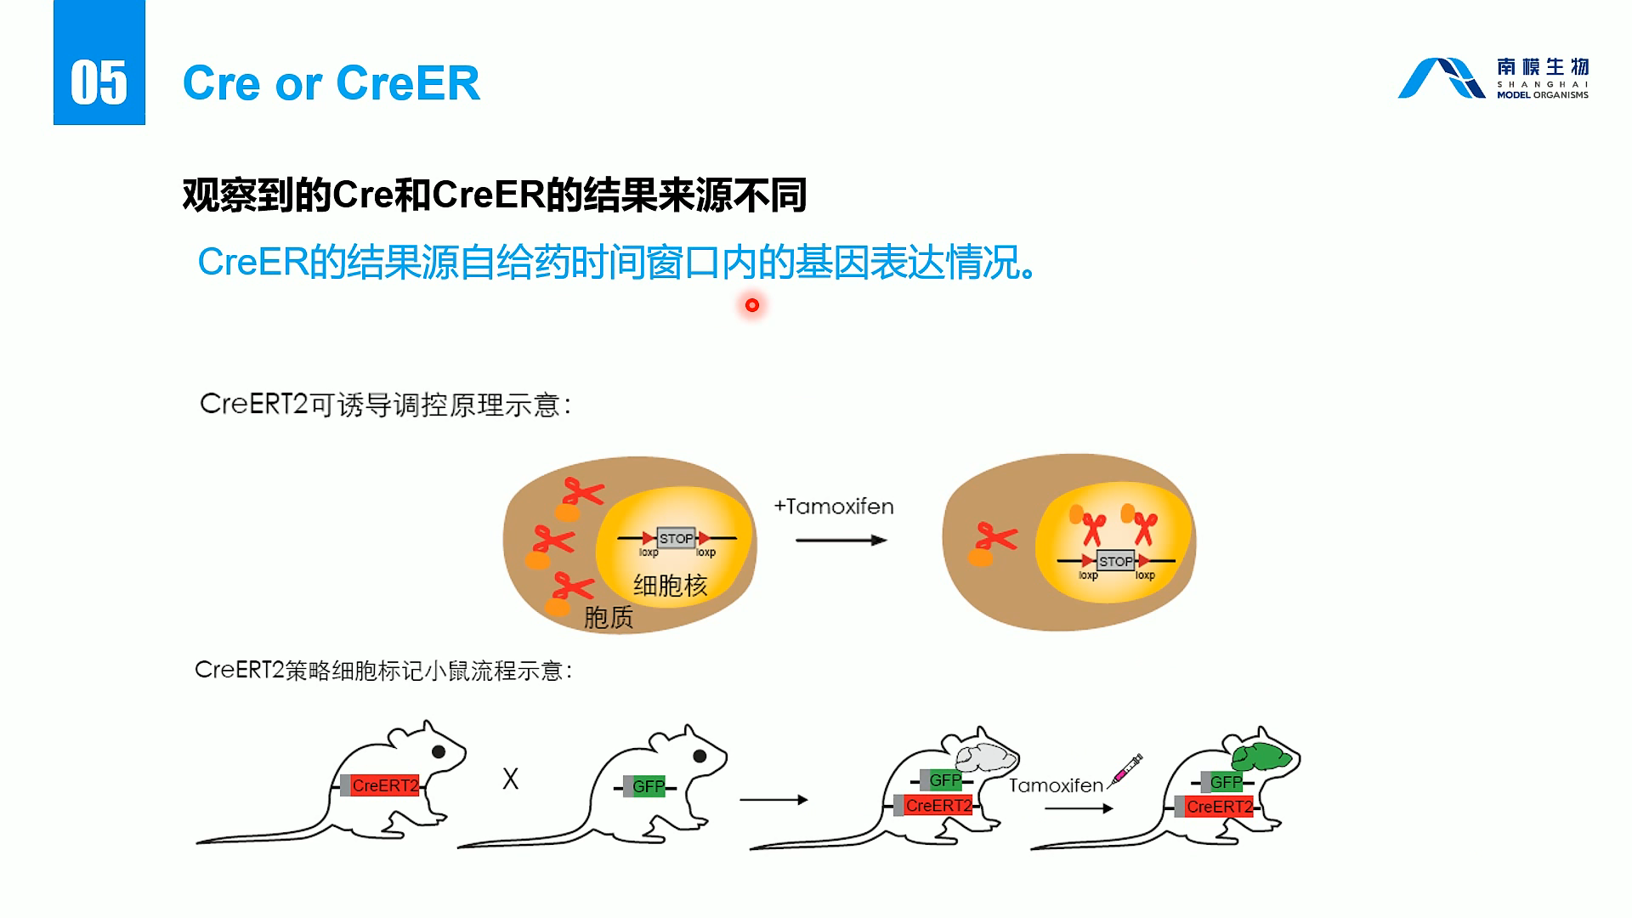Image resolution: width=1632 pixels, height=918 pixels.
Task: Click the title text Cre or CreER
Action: click(x=331, y=83)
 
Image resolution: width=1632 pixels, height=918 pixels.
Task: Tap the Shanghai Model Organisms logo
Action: click(x=1493, y=78)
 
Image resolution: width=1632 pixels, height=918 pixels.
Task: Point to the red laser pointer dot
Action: click(x=752, y=305)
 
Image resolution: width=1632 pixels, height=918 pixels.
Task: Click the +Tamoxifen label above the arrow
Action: click(x=834, y=507)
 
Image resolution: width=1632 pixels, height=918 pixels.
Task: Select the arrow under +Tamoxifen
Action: click(x=841, y=540)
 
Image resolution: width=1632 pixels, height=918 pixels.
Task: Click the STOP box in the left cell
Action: click(x=676, y=539)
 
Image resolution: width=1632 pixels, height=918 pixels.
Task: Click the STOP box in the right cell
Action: click(x=1115, y=561)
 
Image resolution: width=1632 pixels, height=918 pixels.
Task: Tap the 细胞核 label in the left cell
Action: click(x=670, y=586)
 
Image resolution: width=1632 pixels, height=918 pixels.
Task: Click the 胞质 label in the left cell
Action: click(x=609, y=618)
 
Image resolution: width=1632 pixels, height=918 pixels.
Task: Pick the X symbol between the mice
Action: click(x=510, y=779)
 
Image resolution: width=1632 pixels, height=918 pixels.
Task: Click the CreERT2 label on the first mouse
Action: click(x=385, y=786)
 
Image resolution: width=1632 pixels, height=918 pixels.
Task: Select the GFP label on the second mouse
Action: click(x=649, y=787)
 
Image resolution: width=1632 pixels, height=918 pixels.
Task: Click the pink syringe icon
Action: click(x=1126, y=770)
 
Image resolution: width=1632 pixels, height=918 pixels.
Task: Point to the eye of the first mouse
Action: click(x=439, y=751)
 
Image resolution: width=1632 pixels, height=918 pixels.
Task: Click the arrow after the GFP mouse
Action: click(x=773, y=799)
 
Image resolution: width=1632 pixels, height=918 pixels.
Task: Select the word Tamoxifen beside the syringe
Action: click(x=1056, y=785)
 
